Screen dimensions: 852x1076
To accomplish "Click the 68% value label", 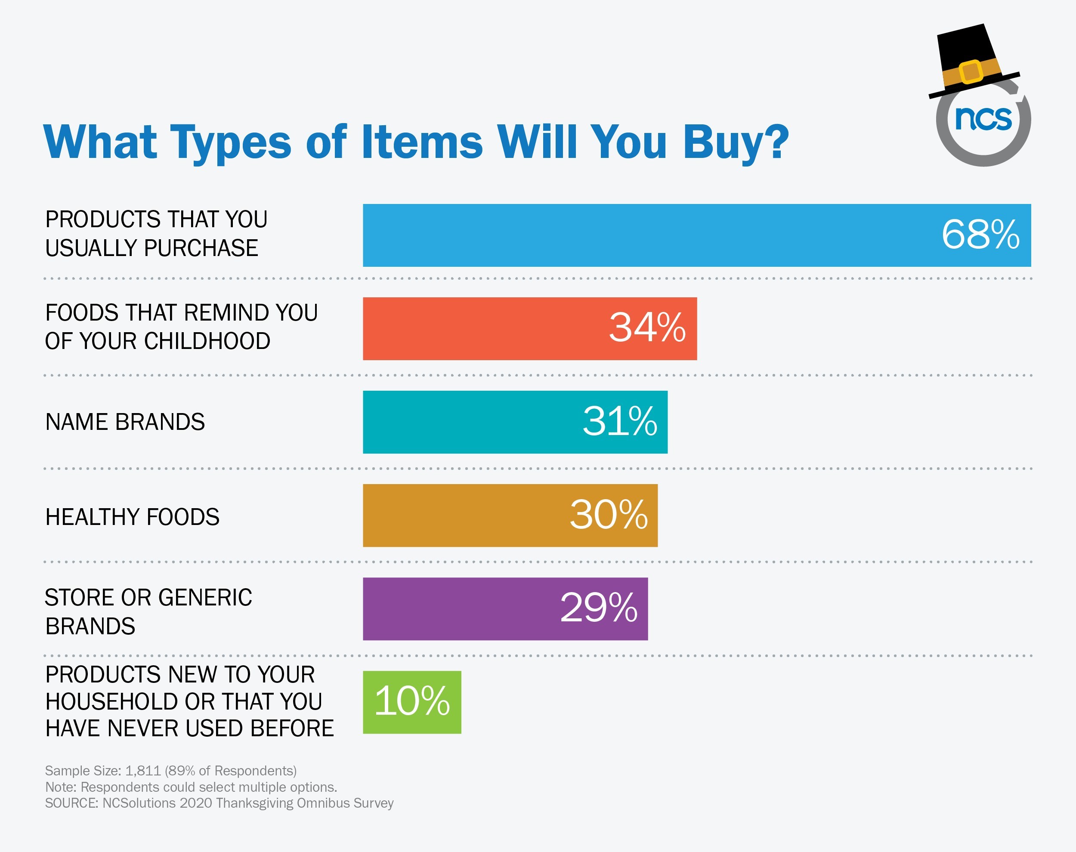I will (980, 235).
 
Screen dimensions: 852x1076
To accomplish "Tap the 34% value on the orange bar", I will (647, 328).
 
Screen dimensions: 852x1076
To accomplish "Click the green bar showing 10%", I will (412, 702).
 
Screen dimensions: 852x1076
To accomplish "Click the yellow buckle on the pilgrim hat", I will (970, 72).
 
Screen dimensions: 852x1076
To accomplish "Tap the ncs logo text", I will (983, 119).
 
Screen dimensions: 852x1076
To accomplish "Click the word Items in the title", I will (421, 142).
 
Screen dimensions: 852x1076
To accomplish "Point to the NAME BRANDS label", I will (125, 422).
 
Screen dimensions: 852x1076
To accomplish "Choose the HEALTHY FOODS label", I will (132, 517).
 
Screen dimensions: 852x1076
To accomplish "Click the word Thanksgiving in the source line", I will (255, 803).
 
